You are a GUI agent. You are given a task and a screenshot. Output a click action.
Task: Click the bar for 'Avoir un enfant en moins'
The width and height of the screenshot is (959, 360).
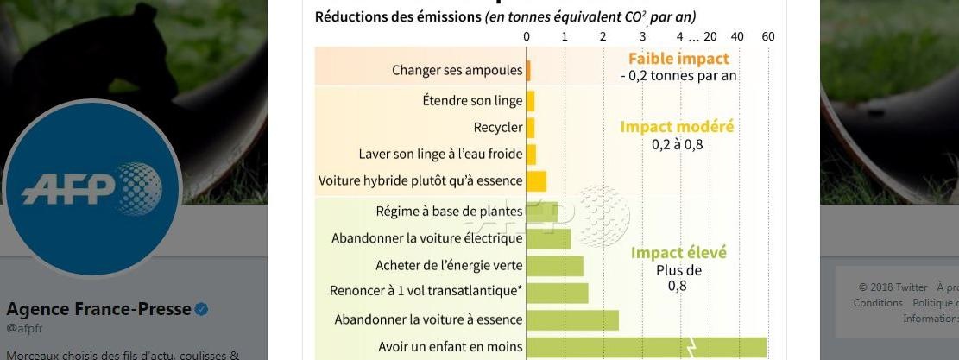[x=646, y=347]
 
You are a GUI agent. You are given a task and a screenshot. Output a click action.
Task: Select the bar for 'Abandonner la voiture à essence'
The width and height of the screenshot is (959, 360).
[x=572, y=319]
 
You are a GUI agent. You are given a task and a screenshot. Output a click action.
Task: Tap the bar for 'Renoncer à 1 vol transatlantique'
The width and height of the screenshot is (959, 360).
[x=557, y=293]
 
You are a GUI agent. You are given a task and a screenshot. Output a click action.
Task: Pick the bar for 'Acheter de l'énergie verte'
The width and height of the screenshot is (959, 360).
[x=554, y=266]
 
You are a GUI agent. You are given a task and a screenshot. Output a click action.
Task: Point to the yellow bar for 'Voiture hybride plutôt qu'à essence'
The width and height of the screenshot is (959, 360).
[x=536, y=180]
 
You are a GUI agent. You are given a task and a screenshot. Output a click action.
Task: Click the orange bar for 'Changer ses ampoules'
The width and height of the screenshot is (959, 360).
[x=528, y=71]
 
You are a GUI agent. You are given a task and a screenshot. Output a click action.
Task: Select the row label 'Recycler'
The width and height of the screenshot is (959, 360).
[x=498, y=128]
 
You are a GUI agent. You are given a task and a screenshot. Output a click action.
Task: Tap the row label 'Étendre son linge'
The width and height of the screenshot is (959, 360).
[x=472, y=101]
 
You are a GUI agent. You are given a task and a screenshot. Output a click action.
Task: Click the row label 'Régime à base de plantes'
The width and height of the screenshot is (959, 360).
[x=449, y=211]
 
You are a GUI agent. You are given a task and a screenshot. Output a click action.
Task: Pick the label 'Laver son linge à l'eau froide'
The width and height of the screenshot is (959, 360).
[x=440, y=155]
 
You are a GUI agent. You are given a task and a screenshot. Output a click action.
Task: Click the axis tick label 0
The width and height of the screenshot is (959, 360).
[x=527, y=37]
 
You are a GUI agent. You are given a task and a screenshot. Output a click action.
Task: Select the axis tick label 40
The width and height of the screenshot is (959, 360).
[x=737, y=37]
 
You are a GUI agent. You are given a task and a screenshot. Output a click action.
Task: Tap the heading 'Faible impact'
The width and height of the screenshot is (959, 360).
[x=678, y=59]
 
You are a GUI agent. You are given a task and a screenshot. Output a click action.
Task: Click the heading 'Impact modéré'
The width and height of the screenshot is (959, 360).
[x=677, y=127]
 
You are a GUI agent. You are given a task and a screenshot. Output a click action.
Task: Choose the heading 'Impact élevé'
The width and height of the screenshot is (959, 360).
[x=678, y=253]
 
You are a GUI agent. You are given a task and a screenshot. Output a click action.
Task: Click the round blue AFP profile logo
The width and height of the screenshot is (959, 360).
[x=92, y=188]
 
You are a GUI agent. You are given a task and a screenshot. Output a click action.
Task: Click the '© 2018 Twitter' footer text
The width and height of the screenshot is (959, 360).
[x=893, y=287]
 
